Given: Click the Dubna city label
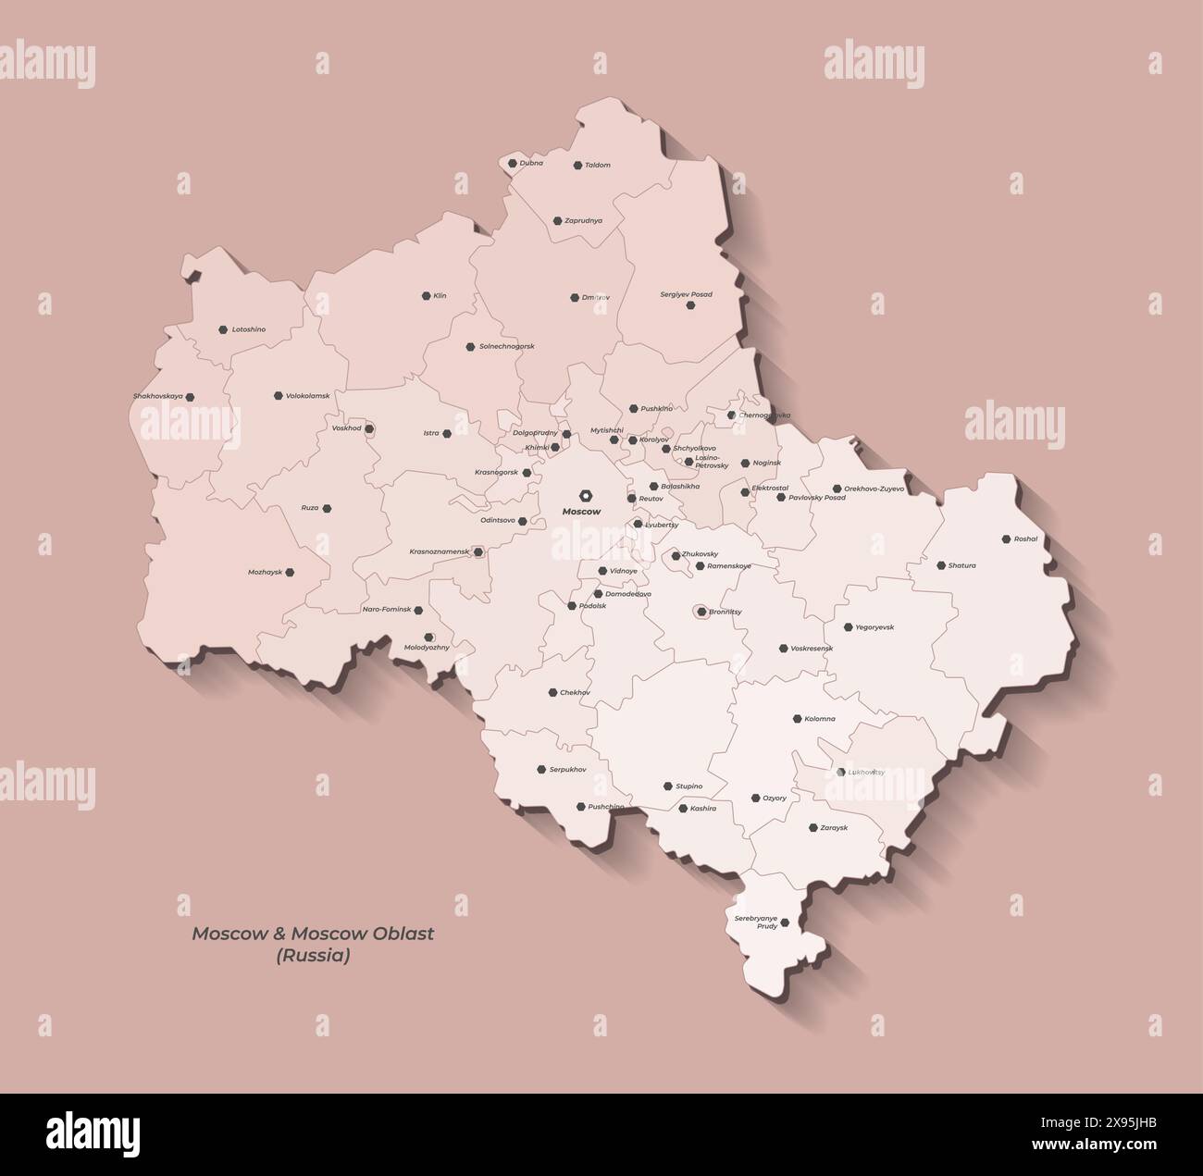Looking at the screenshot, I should [x=531, y=163].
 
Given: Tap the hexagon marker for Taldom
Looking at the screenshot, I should [x=577, y=166].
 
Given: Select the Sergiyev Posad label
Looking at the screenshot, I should [x=686, y=294].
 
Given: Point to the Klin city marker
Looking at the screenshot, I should [x=426, y=296].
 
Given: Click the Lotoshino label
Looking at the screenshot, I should [x=248, y=329].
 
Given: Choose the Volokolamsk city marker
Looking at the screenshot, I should [x=278, y=396].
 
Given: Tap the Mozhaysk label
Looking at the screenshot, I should [x=265, y=572].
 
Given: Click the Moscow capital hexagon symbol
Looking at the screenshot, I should [x=585, y=495].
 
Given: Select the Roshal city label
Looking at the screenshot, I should [x=1025, y=538].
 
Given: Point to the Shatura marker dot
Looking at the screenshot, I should [x=940, y=565].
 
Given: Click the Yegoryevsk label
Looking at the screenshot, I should [x=874, y=627].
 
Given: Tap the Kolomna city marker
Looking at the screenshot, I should [x=797, y=719].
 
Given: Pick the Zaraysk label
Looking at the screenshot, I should [x=834, y=828].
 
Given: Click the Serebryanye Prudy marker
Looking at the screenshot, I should [x=785, y=922].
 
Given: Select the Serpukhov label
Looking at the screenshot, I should [x=567, y=770].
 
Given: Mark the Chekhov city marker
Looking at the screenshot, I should [x=552, y=692].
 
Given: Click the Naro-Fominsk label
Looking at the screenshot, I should [x=386, y=611].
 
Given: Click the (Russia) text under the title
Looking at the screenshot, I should [x=313, y=956].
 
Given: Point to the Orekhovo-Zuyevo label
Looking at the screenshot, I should [x=874, y=489].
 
